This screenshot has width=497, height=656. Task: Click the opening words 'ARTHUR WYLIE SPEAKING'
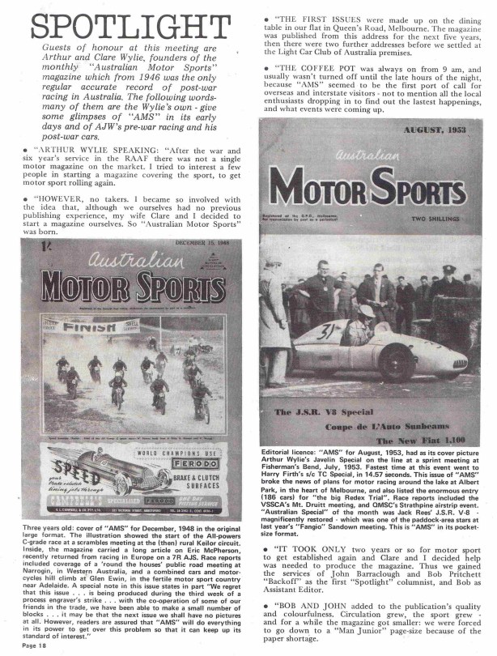88,149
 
